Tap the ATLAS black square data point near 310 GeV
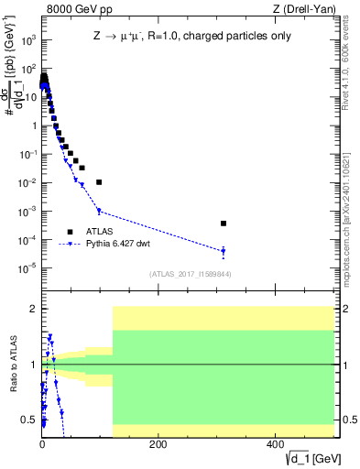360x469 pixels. tap(224, 223)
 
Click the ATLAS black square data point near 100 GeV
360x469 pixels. tap(99, 182)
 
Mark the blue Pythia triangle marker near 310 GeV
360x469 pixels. tap(224, 251)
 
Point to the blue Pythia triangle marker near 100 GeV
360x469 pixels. tap(99, 212)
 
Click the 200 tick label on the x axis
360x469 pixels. tap(158, 444)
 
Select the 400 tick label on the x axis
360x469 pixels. tap(275, 444)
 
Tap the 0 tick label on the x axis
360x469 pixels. tap(42, 444)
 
